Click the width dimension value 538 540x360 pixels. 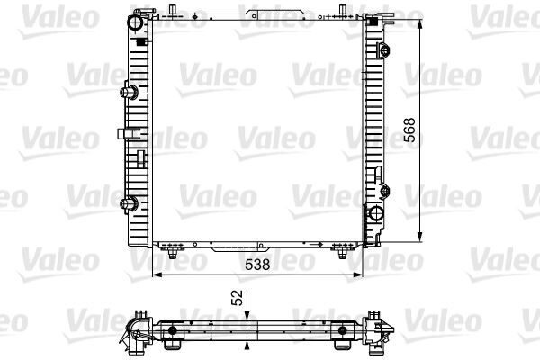click(x=258, y=265)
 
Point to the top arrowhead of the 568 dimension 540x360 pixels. click(x=420, y=22)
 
